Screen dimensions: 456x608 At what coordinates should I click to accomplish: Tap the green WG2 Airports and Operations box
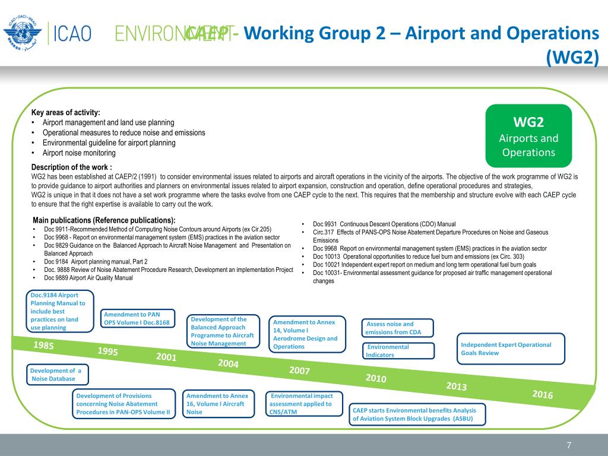click(528, 136)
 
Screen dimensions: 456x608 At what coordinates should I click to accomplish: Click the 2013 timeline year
click(456, 386)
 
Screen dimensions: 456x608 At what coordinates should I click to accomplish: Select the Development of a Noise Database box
click(58, 375)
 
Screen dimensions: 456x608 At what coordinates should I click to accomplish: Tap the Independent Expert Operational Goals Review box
click(510, 349)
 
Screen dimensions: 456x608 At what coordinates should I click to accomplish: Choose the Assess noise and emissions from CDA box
click(397, 328)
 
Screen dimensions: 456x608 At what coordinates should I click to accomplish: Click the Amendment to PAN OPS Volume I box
click(138, 318)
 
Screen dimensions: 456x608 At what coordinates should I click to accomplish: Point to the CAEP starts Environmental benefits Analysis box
click(417, 414)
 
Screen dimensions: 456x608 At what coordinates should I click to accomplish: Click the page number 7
click(569, 445)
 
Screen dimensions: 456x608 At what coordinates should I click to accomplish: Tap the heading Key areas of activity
click(65, 113)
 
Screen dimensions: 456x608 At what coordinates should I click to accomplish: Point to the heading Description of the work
click(71, 167)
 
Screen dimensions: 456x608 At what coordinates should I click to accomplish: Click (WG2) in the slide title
click(572, 58)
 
